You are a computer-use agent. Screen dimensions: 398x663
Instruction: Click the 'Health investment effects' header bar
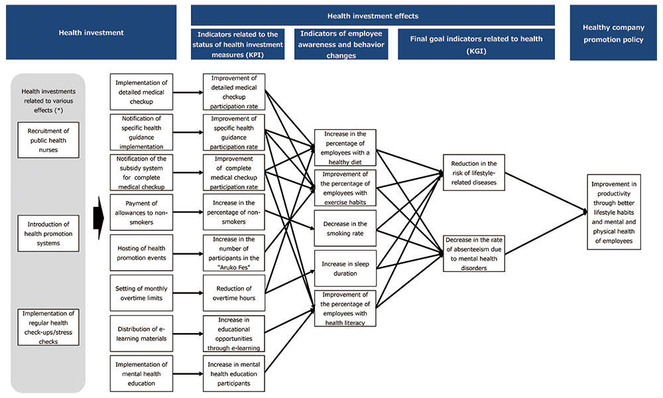(x=373, y=15)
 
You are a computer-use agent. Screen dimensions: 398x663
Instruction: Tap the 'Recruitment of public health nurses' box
(x=48, y=140)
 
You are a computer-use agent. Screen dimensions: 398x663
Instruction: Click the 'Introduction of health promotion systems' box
(x=48, y=233)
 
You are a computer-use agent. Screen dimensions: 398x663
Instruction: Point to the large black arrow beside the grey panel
(x=97, y=217)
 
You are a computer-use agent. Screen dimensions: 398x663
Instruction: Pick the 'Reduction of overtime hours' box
(x=234, y=293)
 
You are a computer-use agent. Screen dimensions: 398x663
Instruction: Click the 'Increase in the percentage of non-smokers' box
(x=234, y=212)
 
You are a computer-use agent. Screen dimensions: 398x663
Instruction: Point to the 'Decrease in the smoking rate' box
(x=344, y=228)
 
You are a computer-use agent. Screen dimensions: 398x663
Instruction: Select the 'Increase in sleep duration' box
(x=344, y=268)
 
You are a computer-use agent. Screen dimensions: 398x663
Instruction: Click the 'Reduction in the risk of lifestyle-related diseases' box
(x=474, y=172)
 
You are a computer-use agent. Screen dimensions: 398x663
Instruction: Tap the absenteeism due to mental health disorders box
(x=474, y=253)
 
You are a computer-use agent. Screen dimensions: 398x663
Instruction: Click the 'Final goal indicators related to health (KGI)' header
(x=476, y=44)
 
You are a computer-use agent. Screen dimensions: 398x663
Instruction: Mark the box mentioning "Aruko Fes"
(x=234, y=252)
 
